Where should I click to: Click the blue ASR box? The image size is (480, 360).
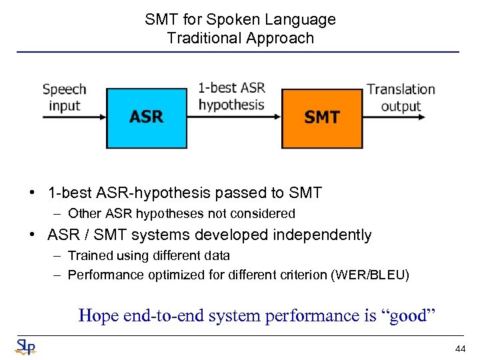tap(147, 117)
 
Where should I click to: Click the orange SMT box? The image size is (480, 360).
tap(322, 117)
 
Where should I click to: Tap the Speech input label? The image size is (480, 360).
tap(65, 97)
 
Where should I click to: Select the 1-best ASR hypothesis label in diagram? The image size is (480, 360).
tap(231, 96)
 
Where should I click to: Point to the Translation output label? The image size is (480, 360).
tap(401, 97)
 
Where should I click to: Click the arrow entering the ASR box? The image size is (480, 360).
tap(73, 117)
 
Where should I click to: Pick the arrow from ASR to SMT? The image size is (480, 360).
tap(233, 117)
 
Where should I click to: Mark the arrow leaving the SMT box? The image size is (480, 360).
tap(393, 117)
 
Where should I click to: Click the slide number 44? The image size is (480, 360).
tap(460, 349)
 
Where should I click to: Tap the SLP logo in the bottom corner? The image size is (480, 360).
tap(25, 347)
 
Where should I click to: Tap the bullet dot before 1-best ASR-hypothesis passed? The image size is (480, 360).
tap(32, 193)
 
